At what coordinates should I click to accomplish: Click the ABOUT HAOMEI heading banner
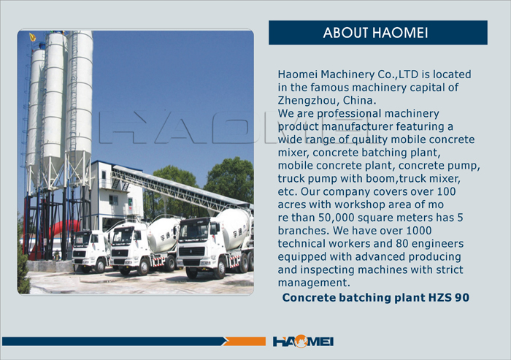(378, 33)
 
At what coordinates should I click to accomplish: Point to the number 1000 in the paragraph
(418, 231)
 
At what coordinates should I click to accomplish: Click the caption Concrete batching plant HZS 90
(376, 297)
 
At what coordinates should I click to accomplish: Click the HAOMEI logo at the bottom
(303, 342)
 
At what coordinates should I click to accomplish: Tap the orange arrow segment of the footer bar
(245, 342)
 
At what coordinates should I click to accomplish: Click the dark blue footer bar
(114, 342)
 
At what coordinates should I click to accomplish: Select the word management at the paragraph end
(313, 283)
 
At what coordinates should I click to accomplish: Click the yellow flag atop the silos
(33, 37)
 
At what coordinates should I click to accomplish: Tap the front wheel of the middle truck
(143, 267)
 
